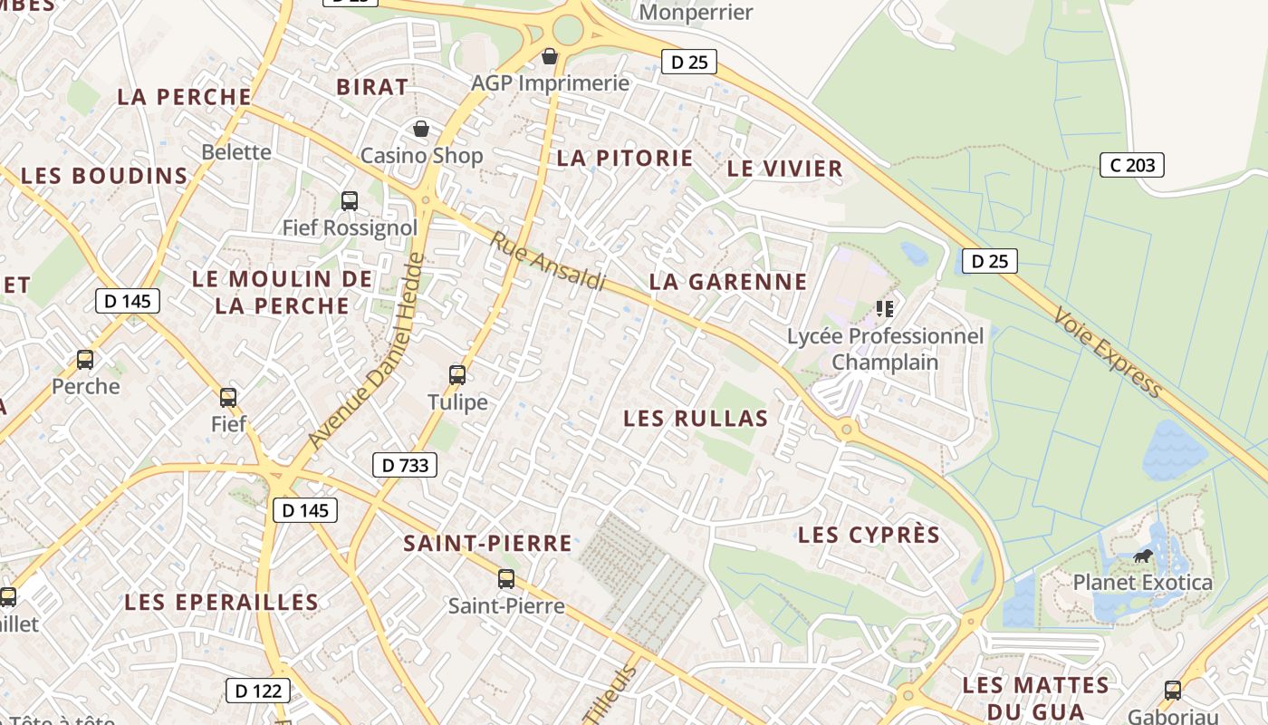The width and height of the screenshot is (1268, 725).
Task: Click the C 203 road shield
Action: click(x=1131, y=165)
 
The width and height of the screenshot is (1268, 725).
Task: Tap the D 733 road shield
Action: click(x=405, y=466)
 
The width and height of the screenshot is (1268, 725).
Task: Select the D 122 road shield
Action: click(x=257, y=691)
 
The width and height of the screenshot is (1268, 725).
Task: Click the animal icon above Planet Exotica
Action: click(x=1143, y=556)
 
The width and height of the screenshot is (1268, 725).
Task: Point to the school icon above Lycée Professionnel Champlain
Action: click(x=885, y=309)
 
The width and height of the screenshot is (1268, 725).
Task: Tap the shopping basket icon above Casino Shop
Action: click(x=421, y=129)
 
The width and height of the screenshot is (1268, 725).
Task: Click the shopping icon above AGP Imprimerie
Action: click(x=549, y=57)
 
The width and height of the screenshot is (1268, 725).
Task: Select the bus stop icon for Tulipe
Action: click(x=457, y=374)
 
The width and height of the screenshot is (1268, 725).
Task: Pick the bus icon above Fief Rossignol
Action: click(x=350, y=200)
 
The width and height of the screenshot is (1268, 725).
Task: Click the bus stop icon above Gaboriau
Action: click(x=1173, y=690)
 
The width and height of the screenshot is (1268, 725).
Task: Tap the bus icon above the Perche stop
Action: click(x=85, y=360)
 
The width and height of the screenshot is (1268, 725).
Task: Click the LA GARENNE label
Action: click(x=728, y=282)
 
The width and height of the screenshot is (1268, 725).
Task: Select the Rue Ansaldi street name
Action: click(x=548, y=261)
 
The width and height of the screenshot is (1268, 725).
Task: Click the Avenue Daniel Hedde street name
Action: click(x=366, y=351)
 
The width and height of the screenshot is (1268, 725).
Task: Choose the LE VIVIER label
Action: click(x=784, y=169)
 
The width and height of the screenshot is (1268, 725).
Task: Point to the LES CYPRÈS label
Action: click(x=869, y=535)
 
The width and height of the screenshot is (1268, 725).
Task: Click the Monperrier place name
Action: click(x=696, y=12)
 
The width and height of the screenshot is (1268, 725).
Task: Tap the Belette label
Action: click(x=236, y=151)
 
